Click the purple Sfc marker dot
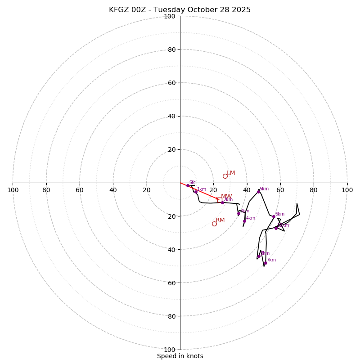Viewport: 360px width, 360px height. pos(188,185)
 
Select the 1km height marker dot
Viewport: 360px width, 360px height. pos(196,192)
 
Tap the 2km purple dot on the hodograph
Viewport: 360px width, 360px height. pos(222,202)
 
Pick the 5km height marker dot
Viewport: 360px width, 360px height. pos(258,192)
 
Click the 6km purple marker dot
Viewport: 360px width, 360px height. pos(274,217)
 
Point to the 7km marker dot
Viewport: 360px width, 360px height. pos(265,263)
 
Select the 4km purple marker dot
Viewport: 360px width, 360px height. pos(244,221)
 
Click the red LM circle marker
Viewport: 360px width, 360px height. pos(225,176)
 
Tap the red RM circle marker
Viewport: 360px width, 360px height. pos(214,224)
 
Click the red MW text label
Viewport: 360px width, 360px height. pos(226,197)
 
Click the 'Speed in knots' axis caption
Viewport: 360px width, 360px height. pos(180,356)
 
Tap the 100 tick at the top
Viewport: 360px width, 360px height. pos(170,17)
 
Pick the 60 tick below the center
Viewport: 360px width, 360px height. pos(170,283)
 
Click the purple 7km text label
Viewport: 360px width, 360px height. pos(271,260)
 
